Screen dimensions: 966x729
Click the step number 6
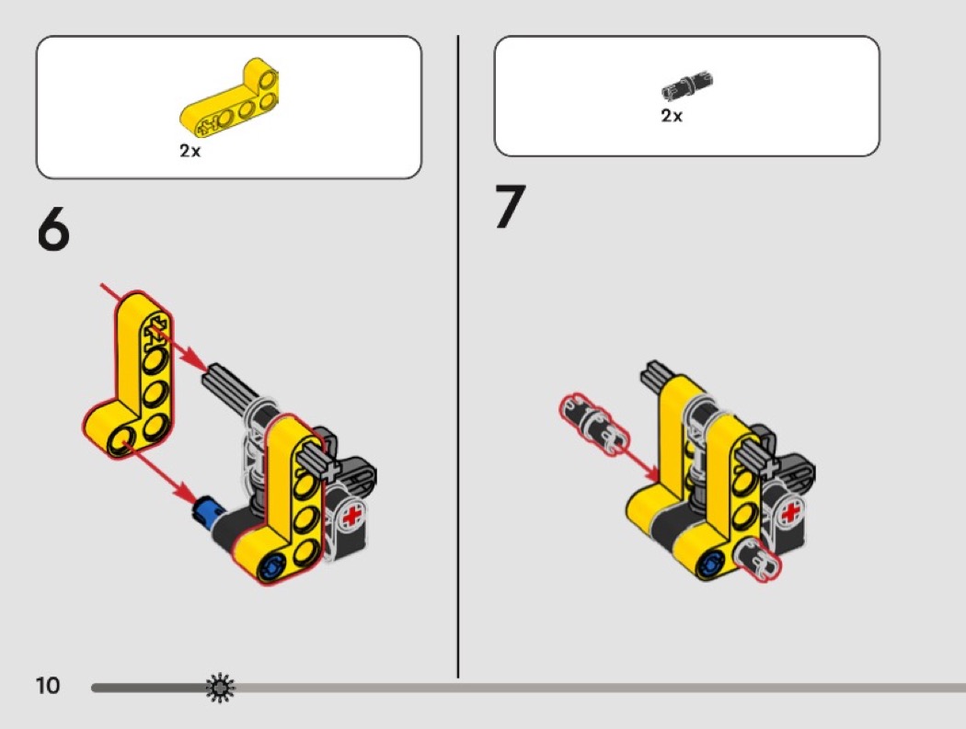tap(53, 230)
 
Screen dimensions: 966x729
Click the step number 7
tap(510, 207)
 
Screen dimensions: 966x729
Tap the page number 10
tap(48, 686)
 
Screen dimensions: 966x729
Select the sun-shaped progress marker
tap(221, 688)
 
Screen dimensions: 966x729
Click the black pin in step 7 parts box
tap(687, 85)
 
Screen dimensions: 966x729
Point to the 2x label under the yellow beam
tap(190, 151)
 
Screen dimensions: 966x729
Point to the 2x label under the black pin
tap(672, 116)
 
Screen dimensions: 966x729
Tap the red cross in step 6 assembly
tap(351, 516)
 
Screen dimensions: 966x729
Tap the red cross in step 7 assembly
tap(790, 512)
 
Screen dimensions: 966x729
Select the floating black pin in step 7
tap(594, 424)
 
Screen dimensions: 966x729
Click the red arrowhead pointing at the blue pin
tap(186, 490)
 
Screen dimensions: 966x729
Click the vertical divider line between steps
tap(458, 357)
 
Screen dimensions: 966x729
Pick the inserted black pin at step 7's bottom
tap(756, 558)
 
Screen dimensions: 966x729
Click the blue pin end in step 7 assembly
tap(711, 564)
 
